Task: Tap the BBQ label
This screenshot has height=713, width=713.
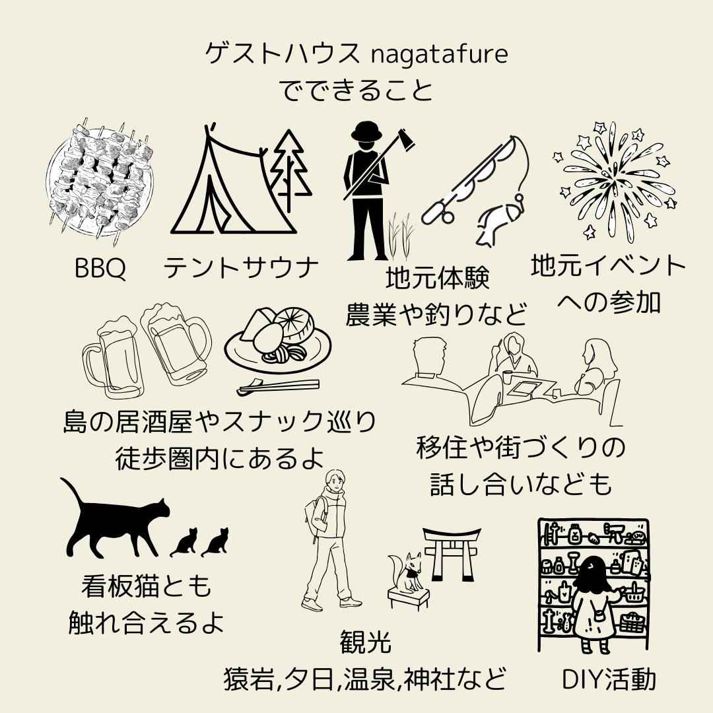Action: click(x=100, y=268)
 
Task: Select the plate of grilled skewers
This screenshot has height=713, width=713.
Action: click(x=100, y=180)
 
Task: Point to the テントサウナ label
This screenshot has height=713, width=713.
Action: click(x=242, y=268)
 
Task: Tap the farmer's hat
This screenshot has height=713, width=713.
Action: click(x=366, y=132)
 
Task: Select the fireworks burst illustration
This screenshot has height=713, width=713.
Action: click(x=615, y=182)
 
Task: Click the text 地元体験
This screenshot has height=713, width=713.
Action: click(x=438, y=278)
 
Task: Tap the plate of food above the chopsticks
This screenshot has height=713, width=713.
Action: click(x=278, y=341)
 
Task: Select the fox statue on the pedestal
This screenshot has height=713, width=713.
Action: click(x=405, y=573)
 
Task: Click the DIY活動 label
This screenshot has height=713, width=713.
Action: click(x=609, y=679)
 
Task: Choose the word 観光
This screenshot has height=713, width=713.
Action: click(x=365, y=642)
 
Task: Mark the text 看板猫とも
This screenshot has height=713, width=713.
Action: click(x=147, y=586)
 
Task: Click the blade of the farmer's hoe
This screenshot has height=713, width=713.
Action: click(x=406, y=140)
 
